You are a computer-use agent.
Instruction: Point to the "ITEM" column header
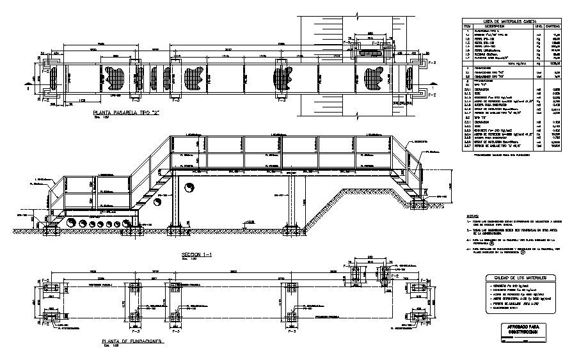click(468, 26)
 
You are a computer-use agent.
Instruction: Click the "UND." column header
click(538, 26)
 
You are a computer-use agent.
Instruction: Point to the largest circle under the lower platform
click(72, 223)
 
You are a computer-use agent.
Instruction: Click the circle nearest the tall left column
click(189, 188)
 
